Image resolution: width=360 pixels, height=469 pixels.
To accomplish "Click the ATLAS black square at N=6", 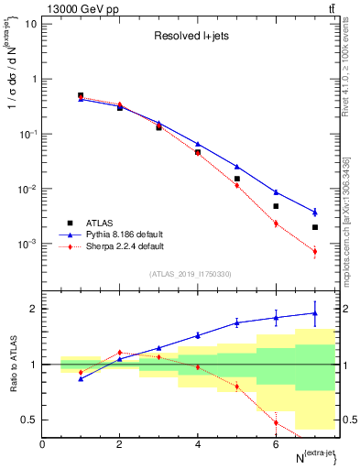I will [x=276, y=206].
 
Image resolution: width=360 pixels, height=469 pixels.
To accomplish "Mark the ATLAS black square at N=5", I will [x=236, y=179].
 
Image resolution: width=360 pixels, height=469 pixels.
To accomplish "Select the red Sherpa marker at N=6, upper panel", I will [x=276, y=224].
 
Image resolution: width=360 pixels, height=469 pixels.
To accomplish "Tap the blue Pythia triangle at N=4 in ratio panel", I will [x=198, y=335].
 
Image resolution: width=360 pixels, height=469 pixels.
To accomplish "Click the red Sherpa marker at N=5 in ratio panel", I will [x=236, y=387].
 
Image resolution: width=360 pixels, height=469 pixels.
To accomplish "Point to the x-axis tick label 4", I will [x=198, y=444].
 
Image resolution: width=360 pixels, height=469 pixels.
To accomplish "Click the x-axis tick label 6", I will [x=276, y=444].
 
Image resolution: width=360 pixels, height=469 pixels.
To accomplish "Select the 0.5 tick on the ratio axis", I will [x=31, y=420].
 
